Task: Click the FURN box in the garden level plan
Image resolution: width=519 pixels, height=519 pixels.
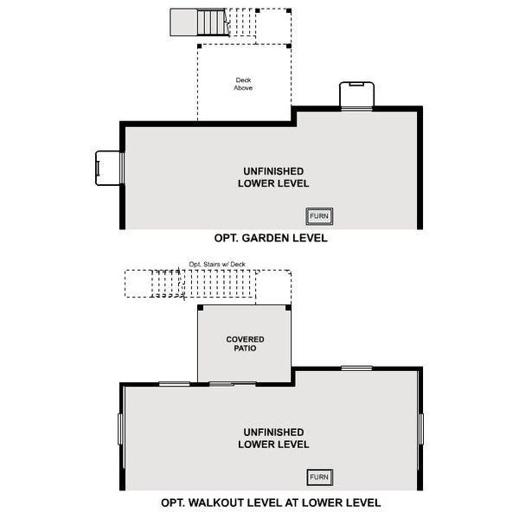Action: pyautogui.click(x=320, y=216)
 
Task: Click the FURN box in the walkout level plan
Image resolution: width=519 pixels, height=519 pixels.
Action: pyautogui.click(x=320, y=477)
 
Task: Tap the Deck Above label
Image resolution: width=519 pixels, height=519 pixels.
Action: pyautogui.click(x=244, y=84)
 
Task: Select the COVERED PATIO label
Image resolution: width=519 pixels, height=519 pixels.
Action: pyautogui.click(x=245, y=344)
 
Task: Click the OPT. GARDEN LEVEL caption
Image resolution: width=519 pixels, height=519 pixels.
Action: pyautogui.click(x=271, y=238)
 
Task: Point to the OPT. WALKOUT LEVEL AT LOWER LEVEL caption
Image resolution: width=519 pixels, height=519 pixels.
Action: pyautogui.click(x=271, y=503)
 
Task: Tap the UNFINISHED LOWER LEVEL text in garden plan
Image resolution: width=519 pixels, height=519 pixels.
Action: pyautogui.click(x=272, y=177)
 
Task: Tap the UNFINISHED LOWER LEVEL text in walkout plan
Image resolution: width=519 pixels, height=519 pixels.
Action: pyautogui.click(x=272, y=439)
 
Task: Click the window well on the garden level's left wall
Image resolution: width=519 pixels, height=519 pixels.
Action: pyautogui.click(x=109, y=168)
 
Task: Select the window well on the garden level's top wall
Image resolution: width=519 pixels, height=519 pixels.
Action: pyautogui.click(x=356, y=95)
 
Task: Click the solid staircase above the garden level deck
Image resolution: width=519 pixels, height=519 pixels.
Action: pyautogui.click(x=197, y=21)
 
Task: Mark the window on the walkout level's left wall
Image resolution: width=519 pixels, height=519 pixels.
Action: pyautogui.click(x=120, y=428)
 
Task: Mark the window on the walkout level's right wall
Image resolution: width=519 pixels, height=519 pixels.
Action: pyautogui.click(x=421, y=428)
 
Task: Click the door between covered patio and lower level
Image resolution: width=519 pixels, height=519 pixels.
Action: pyautogui.click(x=234, y=382)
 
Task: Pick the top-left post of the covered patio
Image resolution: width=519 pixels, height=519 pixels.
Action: pyautogui.click(x=200, y=306)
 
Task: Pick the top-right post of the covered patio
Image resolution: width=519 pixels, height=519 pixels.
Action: pyautogui.click(x=289, y=306)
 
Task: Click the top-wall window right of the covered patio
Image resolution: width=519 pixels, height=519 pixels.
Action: pyautogui.click(x=356, y=368)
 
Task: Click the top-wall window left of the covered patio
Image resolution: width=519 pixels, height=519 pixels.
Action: pyautogui.click(x=175, y=383)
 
